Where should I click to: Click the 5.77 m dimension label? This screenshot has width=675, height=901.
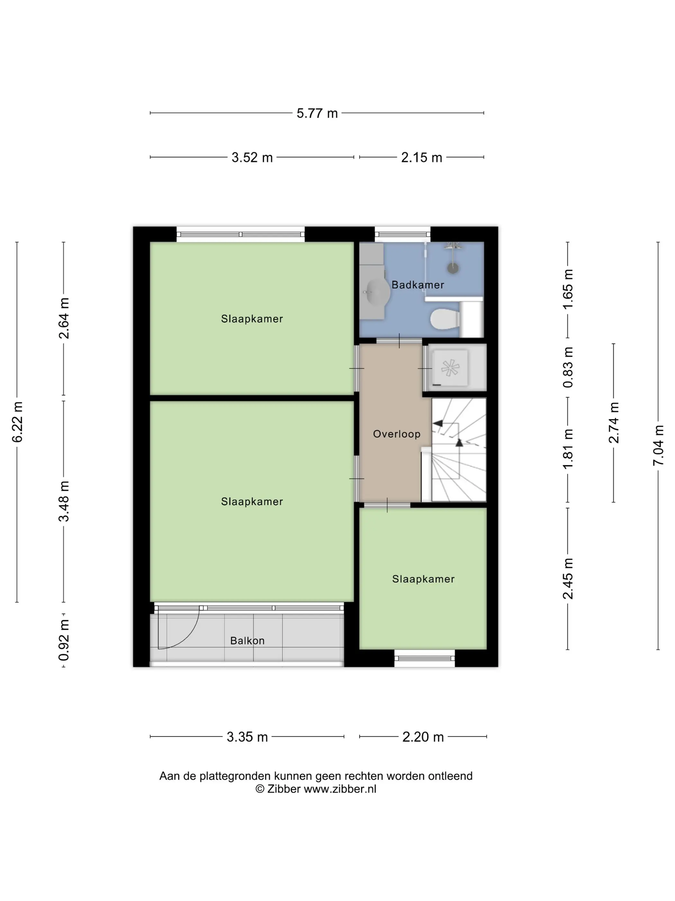pos(317,113)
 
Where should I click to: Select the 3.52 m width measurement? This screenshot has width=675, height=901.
pos(252,157)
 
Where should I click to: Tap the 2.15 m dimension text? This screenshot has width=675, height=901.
pos(421,157)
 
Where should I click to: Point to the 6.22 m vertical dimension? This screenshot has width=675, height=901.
pos(17,422)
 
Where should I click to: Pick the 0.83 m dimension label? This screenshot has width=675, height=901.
pos(568,367)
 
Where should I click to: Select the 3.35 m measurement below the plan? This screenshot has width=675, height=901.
pos(247,737)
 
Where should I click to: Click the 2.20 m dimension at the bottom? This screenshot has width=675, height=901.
pos(423,737)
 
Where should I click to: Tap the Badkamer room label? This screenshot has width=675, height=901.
pos(418,285)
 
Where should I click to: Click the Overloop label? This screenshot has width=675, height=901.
pos(397,434)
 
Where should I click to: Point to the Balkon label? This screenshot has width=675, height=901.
pos(248,641)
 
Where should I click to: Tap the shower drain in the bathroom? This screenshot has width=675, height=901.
pos(453,268)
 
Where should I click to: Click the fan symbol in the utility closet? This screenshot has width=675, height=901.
pos(450,368)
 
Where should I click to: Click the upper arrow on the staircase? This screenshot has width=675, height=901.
pos(437,423)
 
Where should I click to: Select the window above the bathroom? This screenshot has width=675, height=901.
pos(402,234)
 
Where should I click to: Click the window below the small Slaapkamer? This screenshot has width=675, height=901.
pos(424,658)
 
